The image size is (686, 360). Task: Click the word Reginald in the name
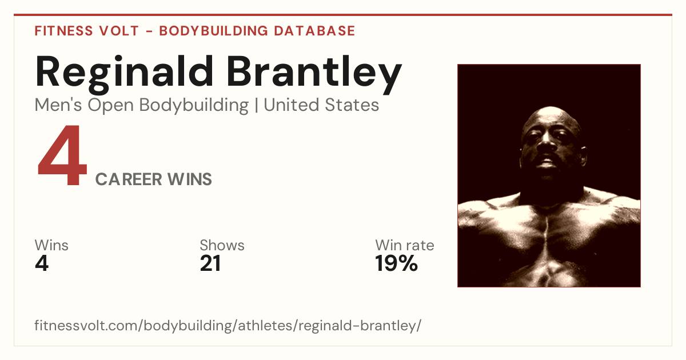click(x=124, y=74)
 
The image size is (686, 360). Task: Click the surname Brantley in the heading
click(x=314, y=74)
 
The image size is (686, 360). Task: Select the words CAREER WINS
click(x=153, y=179)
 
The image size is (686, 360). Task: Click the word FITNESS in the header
click(x=63, y=31)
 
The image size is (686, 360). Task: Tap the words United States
click(x=321, y=105)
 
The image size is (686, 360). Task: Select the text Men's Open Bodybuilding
click(x=142, y=105)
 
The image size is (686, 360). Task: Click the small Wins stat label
click(x=51, y=245)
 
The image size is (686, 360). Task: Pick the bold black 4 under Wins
click(x=42, y=263)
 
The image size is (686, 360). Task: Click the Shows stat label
click(x=222, y=245)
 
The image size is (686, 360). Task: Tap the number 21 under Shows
click(x=210, y=263)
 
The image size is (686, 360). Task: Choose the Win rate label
click(x=405, y=245)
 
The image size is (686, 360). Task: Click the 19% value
click(x=396, y=263)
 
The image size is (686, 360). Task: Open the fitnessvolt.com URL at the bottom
click(x=228, y=325)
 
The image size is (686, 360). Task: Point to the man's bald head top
click(x=551, y=113)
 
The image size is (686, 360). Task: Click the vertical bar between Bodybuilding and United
click(x=256, y=105)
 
